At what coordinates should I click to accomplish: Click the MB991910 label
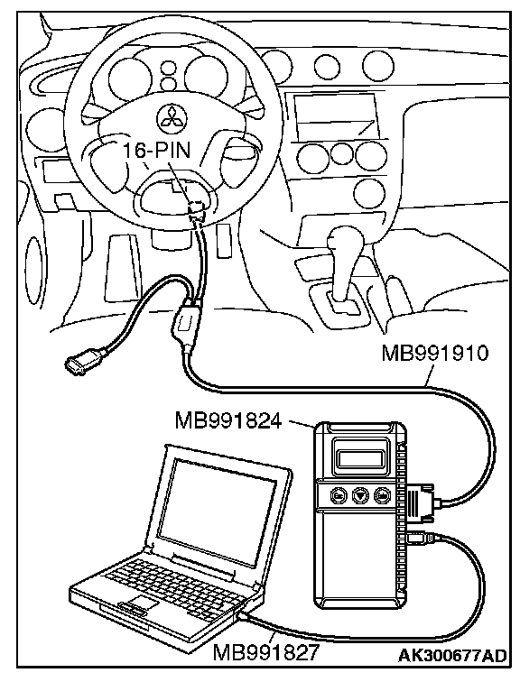coord(435,354)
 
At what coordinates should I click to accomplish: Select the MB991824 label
coord(228,420)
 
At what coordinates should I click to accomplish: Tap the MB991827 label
coord(265,653)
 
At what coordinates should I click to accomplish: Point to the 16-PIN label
coord(157,151)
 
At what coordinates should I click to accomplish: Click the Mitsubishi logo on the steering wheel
coord(171,116)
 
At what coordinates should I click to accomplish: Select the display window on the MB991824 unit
coord(359,458)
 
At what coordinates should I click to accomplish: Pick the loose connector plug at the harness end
coord(79,363)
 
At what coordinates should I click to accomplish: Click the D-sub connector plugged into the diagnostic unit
coord(422,501)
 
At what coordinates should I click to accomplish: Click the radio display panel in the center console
coord(334,115)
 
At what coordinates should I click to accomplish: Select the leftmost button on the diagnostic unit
coord(339,495)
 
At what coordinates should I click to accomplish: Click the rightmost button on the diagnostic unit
coord(383,495)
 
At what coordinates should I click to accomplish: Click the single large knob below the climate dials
coord(370,194)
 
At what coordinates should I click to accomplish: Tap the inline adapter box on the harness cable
coord(186,322)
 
